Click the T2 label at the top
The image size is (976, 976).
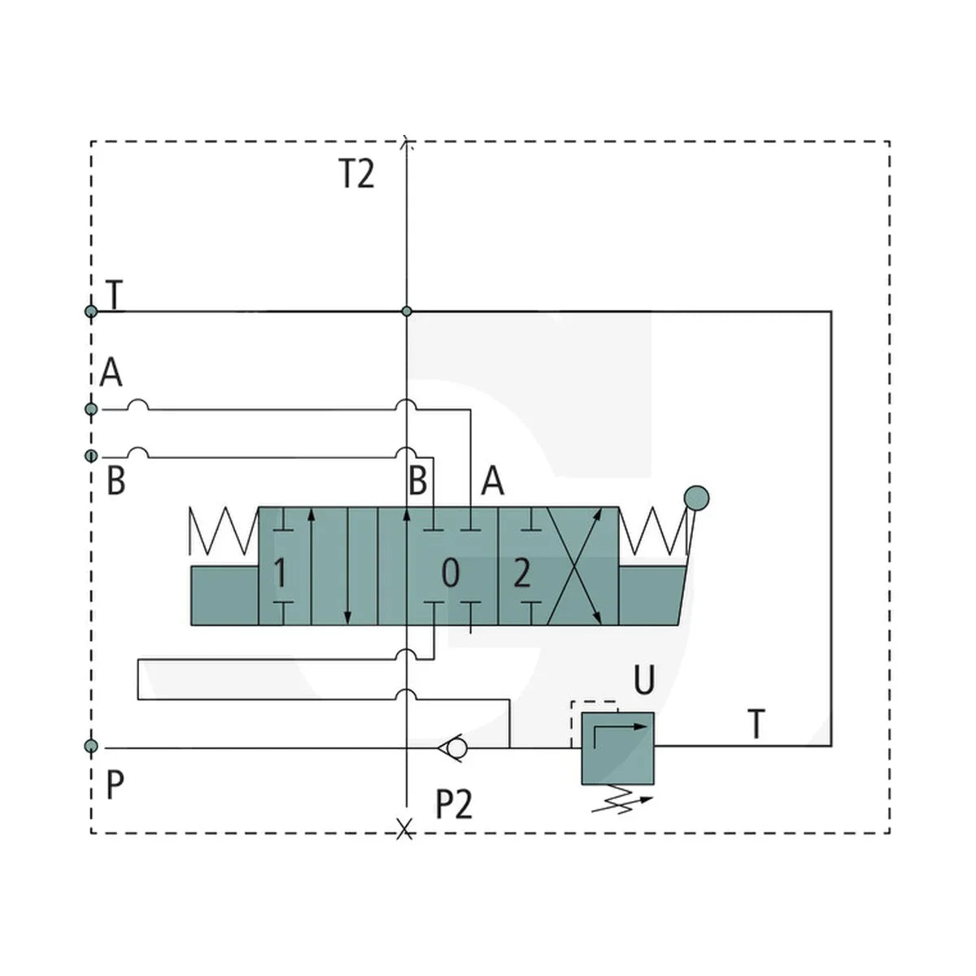[356, 173]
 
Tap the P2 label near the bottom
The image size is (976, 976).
[453, 804]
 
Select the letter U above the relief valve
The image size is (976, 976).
[644, 679]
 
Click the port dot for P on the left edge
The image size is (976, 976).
[91, 746]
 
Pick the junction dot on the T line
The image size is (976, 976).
[407, 312]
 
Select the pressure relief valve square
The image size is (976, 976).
[618, 748]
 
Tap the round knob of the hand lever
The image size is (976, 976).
[696, 499]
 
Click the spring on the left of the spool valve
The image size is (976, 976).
[224, 531]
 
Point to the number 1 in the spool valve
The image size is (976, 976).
[280, 574]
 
